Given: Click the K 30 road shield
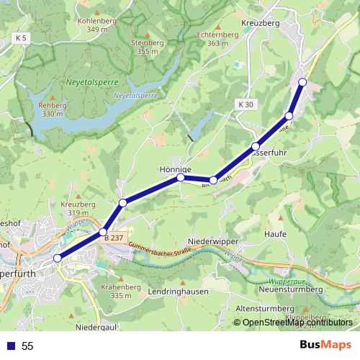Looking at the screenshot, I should pos(245,105).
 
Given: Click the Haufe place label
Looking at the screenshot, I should pos(276,234).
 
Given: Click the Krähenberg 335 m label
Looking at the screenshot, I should pos(117,291).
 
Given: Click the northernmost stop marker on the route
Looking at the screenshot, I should pos(302,82).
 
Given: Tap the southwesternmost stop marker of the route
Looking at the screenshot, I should pos(58,258).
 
